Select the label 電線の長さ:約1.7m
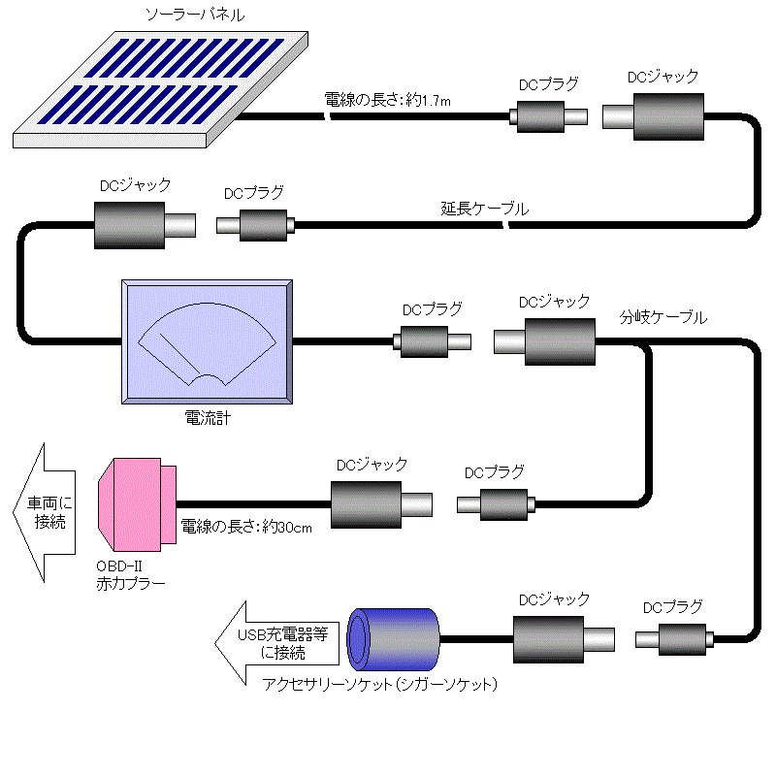pyautogui.click(x=388, y=99)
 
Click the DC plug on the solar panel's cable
pyautogui.click(x=547, y=117)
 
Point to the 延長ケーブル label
pyautogui.click(x=485, y=209)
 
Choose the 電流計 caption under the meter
pyautogui.click(x=207, y=419)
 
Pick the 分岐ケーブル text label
pyautogui.click(x=663, y=317)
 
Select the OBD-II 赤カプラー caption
pyautogui.click(x=130, y=575)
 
